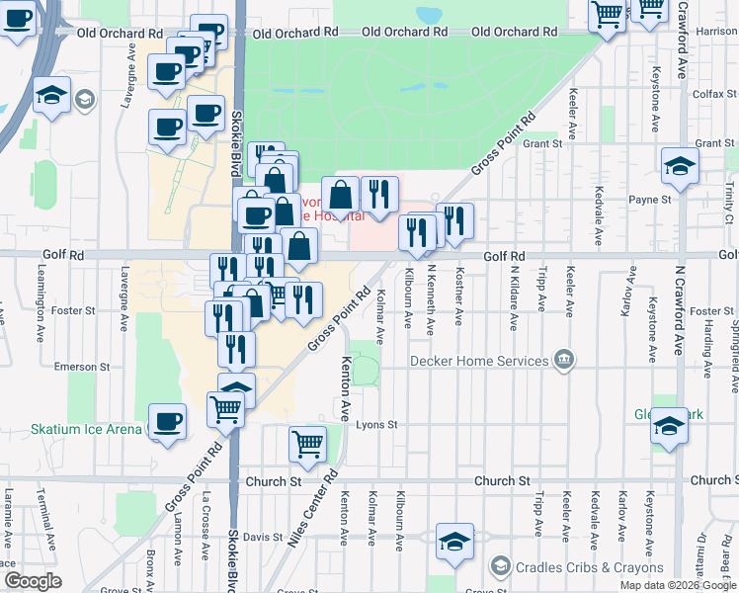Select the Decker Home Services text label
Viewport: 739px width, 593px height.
[478, 361]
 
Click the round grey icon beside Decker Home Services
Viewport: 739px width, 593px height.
[564, 359]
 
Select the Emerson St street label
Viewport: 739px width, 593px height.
[74, 367]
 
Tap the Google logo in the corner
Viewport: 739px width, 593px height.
[33, 581]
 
